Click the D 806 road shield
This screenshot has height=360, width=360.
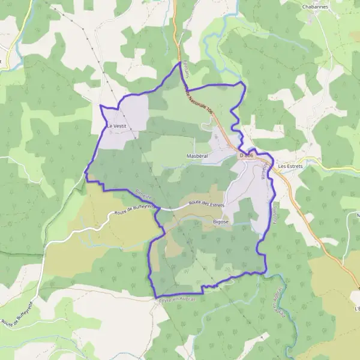[x=247, y=155]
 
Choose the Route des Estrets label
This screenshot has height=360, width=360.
[x=206, y=205]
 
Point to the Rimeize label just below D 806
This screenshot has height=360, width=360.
[x=262, y=172]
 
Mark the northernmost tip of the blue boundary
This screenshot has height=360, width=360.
[x=180, y=62]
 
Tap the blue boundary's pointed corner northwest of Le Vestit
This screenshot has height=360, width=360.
[x=100, y=106]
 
